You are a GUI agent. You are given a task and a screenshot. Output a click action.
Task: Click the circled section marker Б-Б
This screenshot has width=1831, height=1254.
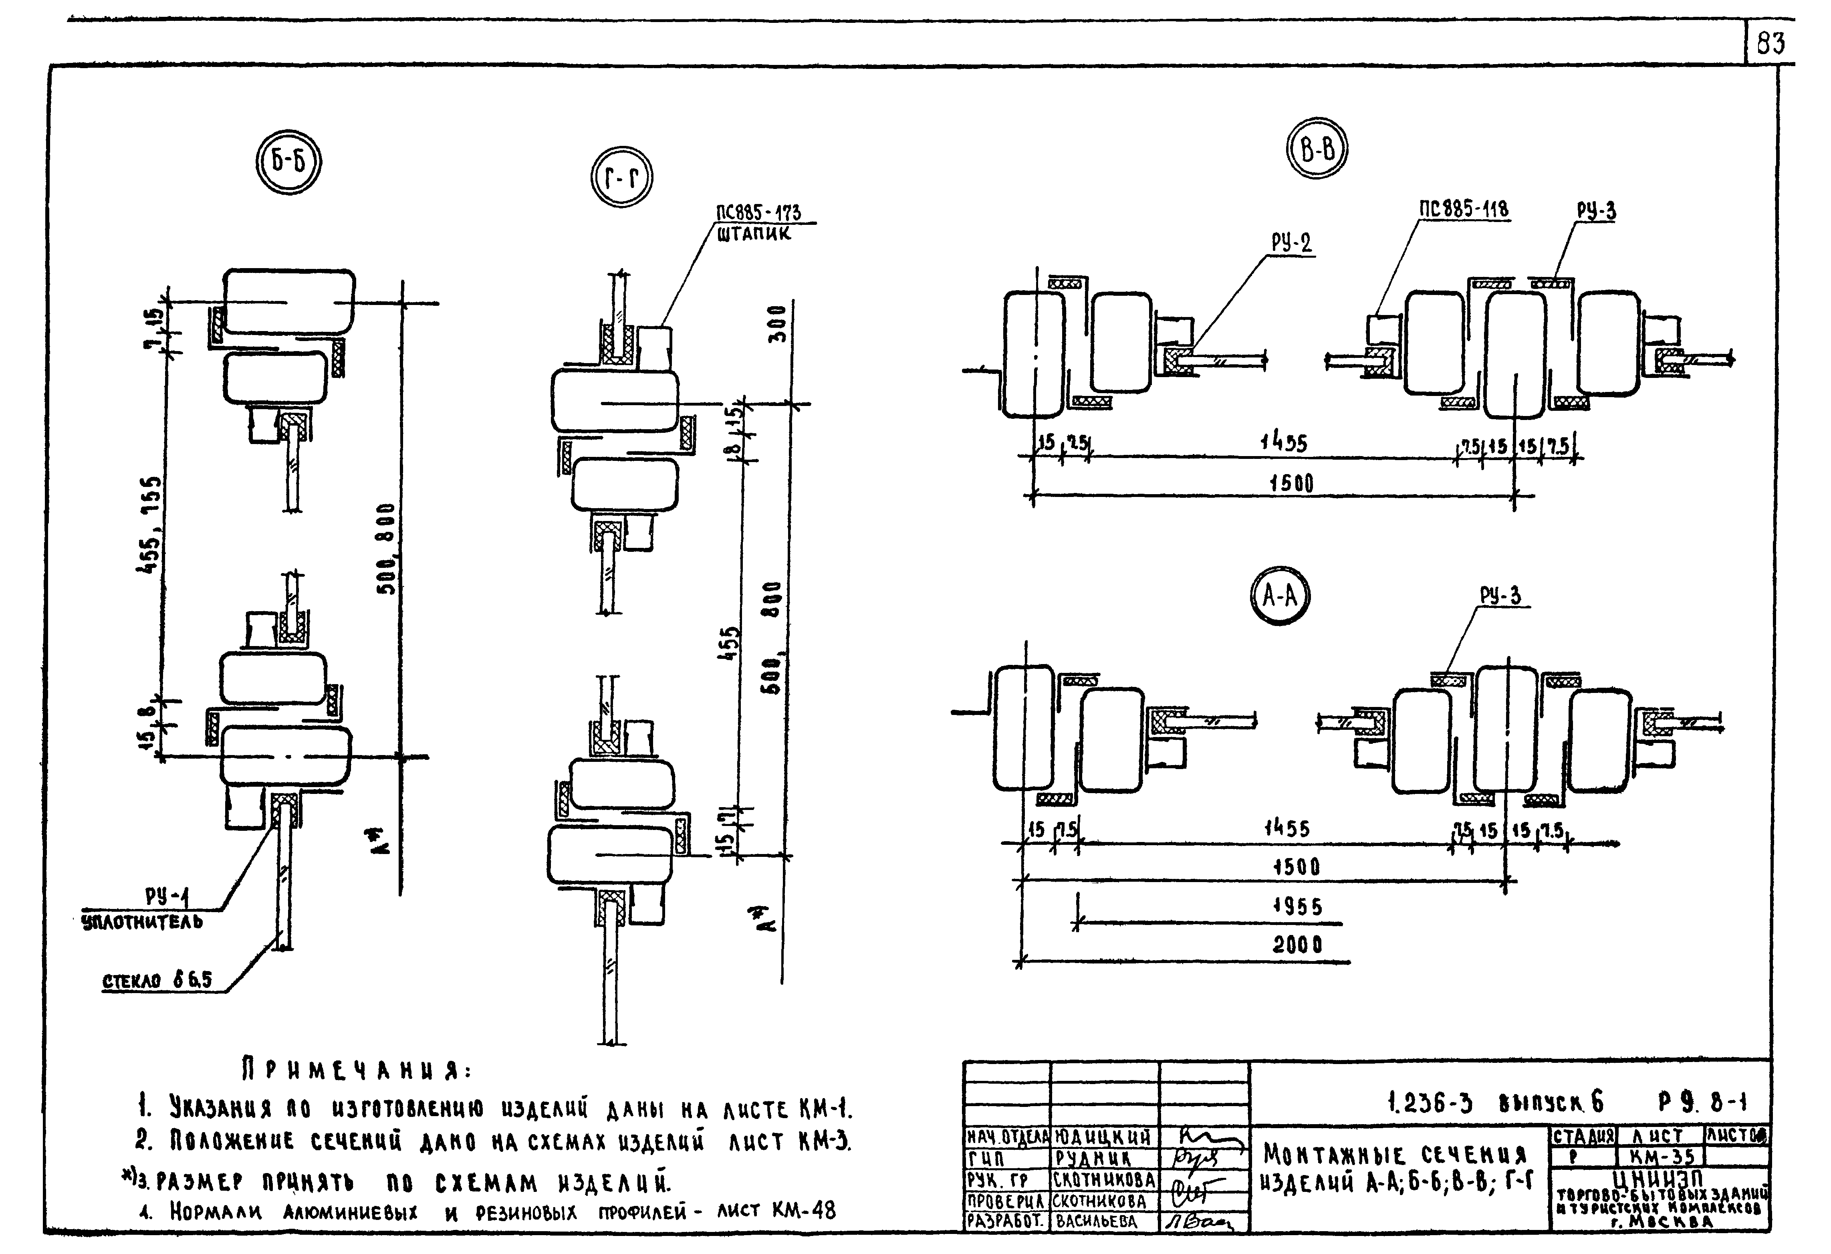pyautogui.click(x=288, y=162)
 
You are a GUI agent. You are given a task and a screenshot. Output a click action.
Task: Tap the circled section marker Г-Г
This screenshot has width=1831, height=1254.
pyautogui.click(x=622, y=178)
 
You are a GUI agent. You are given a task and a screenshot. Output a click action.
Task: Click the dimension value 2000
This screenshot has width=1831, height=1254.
pyautogui.click(x=1297, y=944)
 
